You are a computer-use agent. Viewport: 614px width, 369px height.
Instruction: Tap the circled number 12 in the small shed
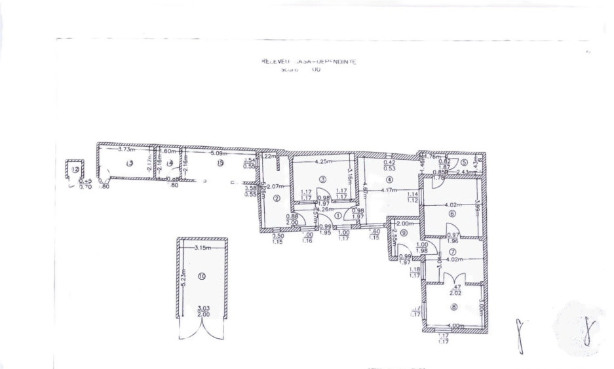pyautogui.click(x=75, y=170)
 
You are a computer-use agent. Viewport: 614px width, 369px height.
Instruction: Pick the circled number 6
pyautogui.click(x=451, y=213)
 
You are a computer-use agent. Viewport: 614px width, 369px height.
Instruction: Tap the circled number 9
pyautogui.click(x=404, y=233)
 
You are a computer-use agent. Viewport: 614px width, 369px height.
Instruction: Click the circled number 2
pyautogui.click(x=277, y=199)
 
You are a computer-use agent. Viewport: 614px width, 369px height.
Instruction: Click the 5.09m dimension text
pyautogui.click(x=218, y=154)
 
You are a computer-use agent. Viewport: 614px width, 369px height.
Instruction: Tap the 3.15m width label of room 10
pyautogui.click(x=202, y=247)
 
